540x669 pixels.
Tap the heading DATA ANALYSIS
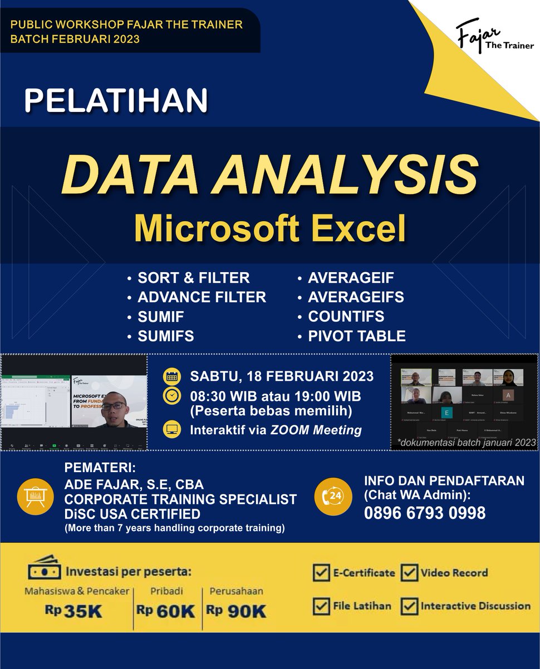click(x=270, y=173)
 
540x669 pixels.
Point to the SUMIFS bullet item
click(x=166, y=336)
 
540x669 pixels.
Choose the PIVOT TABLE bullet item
click(x=356, y=336)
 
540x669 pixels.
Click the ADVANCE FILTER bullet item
click(x=202, y=297)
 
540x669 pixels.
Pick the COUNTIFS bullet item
click(x=346, y=317)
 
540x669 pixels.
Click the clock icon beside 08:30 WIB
click(x=171, y=396)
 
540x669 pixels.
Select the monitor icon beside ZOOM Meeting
click(x=171, y=430)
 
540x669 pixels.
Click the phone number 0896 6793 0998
click(x=425, y=513)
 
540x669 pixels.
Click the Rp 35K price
click(x=75, y=611)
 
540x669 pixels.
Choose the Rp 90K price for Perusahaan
click(x=237, y=611)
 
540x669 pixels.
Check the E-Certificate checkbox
click(x=321, y=573)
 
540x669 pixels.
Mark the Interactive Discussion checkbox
click(x=410, y=606)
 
